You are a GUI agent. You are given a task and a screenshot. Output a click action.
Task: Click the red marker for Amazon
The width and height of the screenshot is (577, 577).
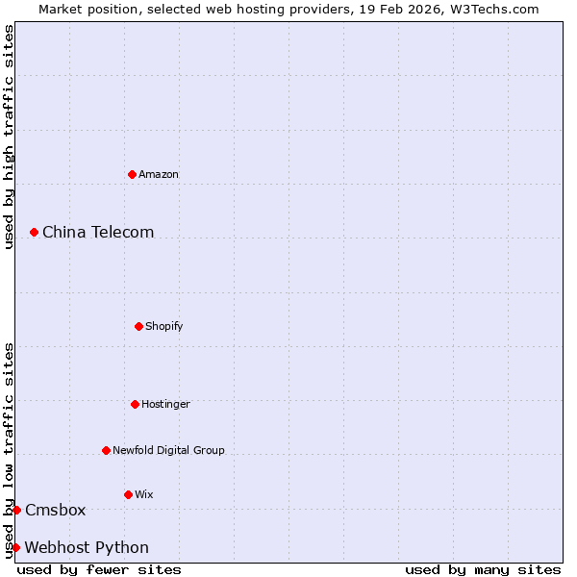(x=132, y=174)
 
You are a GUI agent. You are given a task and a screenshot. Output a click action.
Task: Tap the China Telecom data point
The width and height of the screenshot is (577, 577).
(x=34, y=232)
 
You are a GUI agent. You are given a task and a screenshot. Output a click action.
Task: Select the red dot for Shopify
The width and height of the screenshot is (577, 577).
(x=138, y=326)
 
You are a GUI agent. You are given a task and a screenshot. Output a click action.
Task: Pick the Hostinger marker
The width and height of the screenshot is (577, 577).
(x=135, y=404)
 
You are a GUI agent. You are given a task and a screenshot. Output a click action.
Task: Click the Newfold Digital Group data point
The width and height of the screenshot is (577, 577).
(x=106, y=450)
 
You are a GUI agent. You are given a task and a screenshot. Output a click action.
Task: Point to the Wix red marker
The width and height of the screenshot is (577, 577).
(x=128, y=494)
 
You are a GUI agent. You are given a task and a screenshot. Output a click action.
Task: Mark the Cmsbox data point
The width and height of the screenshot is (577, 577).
(x=16, y=510)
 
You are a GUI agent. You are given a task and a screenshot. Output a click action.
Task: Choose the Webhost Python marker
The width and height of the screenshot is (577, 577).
(x=15, y=547)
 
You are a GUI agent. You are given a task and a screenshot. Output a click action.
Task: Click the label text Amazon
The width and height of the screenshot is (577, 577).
(x=159, y=174)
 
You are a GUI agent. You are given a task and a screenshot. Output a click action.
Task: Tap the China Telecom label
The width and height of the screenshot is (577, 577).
(x=98, y=232)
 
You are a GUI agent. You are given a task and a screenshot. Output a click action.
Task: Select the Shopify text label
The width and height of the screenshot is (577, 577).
(x=164, y=326)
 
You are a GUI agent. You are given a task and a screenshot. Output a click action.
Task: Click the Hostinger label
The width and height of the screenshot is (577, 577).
(x=166, y=404)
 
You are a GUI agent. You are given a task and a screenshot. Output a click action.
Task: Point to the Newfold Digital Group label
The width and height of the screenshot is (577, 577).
(x=169, y=450)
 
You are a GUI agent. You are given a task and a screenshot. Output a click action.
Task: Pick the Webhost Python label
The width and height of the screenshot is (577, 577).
(x=87, y=547)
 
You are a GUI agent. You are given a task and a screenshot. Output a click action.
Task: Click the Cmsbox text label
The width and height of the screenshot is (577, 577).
(x=56, y=510)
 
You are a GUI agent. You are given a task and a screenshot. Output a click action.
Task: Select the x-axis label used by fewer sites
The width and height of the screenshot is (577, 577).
(x=99, y=569)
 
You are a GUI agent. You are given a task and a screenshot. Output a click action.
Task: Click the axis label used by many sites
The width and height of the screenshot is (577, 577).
(x=483, y=569)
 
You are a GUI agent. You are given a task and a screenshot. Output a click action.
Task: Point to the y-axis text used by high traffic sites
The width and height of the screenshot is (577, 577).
(x=9, y=137)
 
